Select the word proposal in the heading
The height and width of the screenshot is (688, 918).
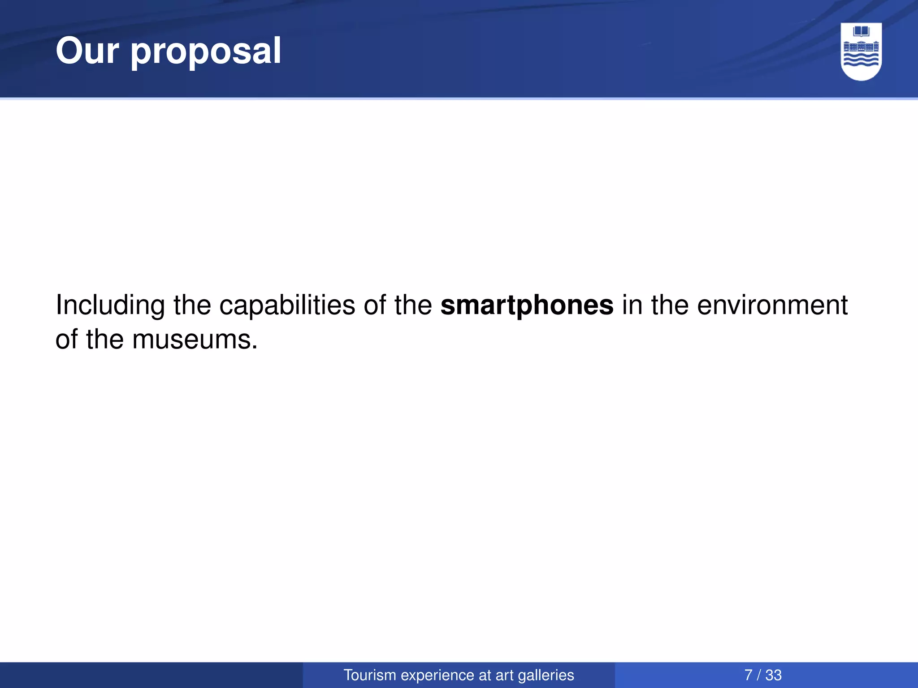(206, 53)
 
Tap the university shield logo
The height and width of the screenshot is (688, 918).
(861, 52)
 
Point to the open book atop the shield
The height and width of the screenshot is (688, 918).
(861, 31)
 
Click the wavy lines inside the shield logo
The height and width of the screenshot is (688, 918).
(861, 60)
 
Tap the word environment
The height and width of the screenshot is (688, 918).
(772, 305)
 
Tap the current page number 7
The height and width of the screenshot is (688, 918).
(748, 675)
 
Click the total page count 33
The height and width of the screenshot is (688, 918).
(773, 675)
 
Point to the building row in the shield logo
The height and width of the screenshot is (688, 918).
(861, 47)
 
